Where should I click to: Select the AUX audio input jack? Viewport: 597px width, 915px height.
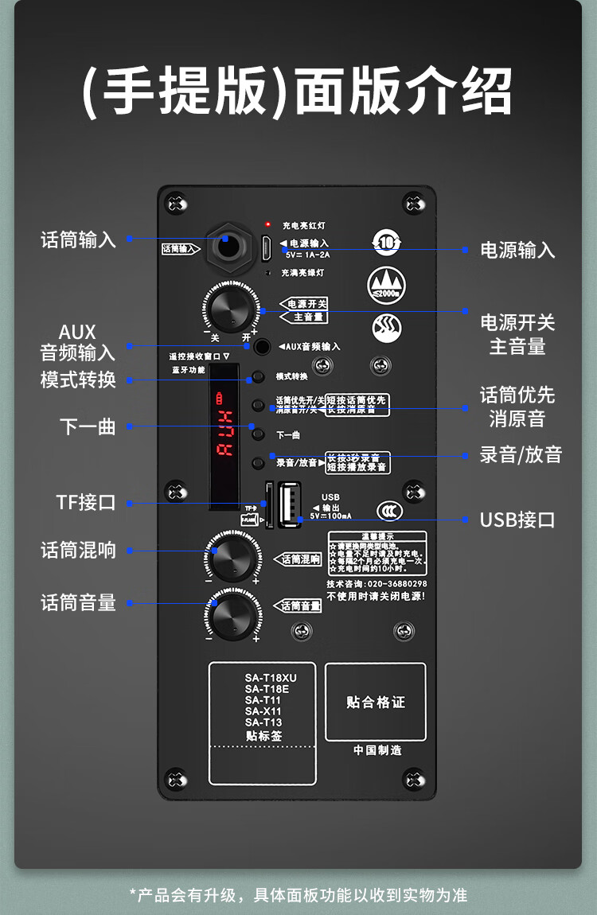click(260, 346)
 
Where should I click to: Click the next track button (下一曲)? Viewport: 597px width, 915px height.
click(257, 434)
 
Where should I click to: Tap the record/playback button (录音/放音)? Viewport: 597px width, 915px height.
click(257, 462)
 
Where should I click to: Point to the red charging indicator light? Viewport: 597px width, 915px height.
click(267, 225)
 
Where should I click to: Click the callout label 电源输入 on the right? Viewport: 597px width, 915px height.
click(517, 250)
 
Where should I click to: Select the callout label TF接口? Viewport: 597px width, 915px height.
click(86, 503)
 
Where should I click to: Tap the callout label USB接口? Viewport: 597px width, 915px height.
click(517, 520)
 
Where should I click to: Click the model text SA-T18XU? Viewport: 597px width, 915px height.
click(271, 678)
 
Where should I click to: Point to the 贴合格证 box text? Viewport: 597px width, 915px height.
click(376, 702)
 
